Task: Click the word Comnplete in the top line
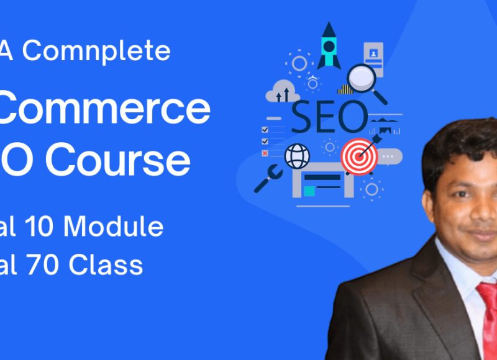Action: coord(96,51)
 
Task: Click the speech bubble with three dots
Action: coord(390,156)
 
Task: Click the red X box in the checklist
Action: coord(265,153)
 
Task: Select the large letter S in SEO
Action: coord(304,117)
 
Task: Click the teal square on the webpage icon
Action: coord(309,191)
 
